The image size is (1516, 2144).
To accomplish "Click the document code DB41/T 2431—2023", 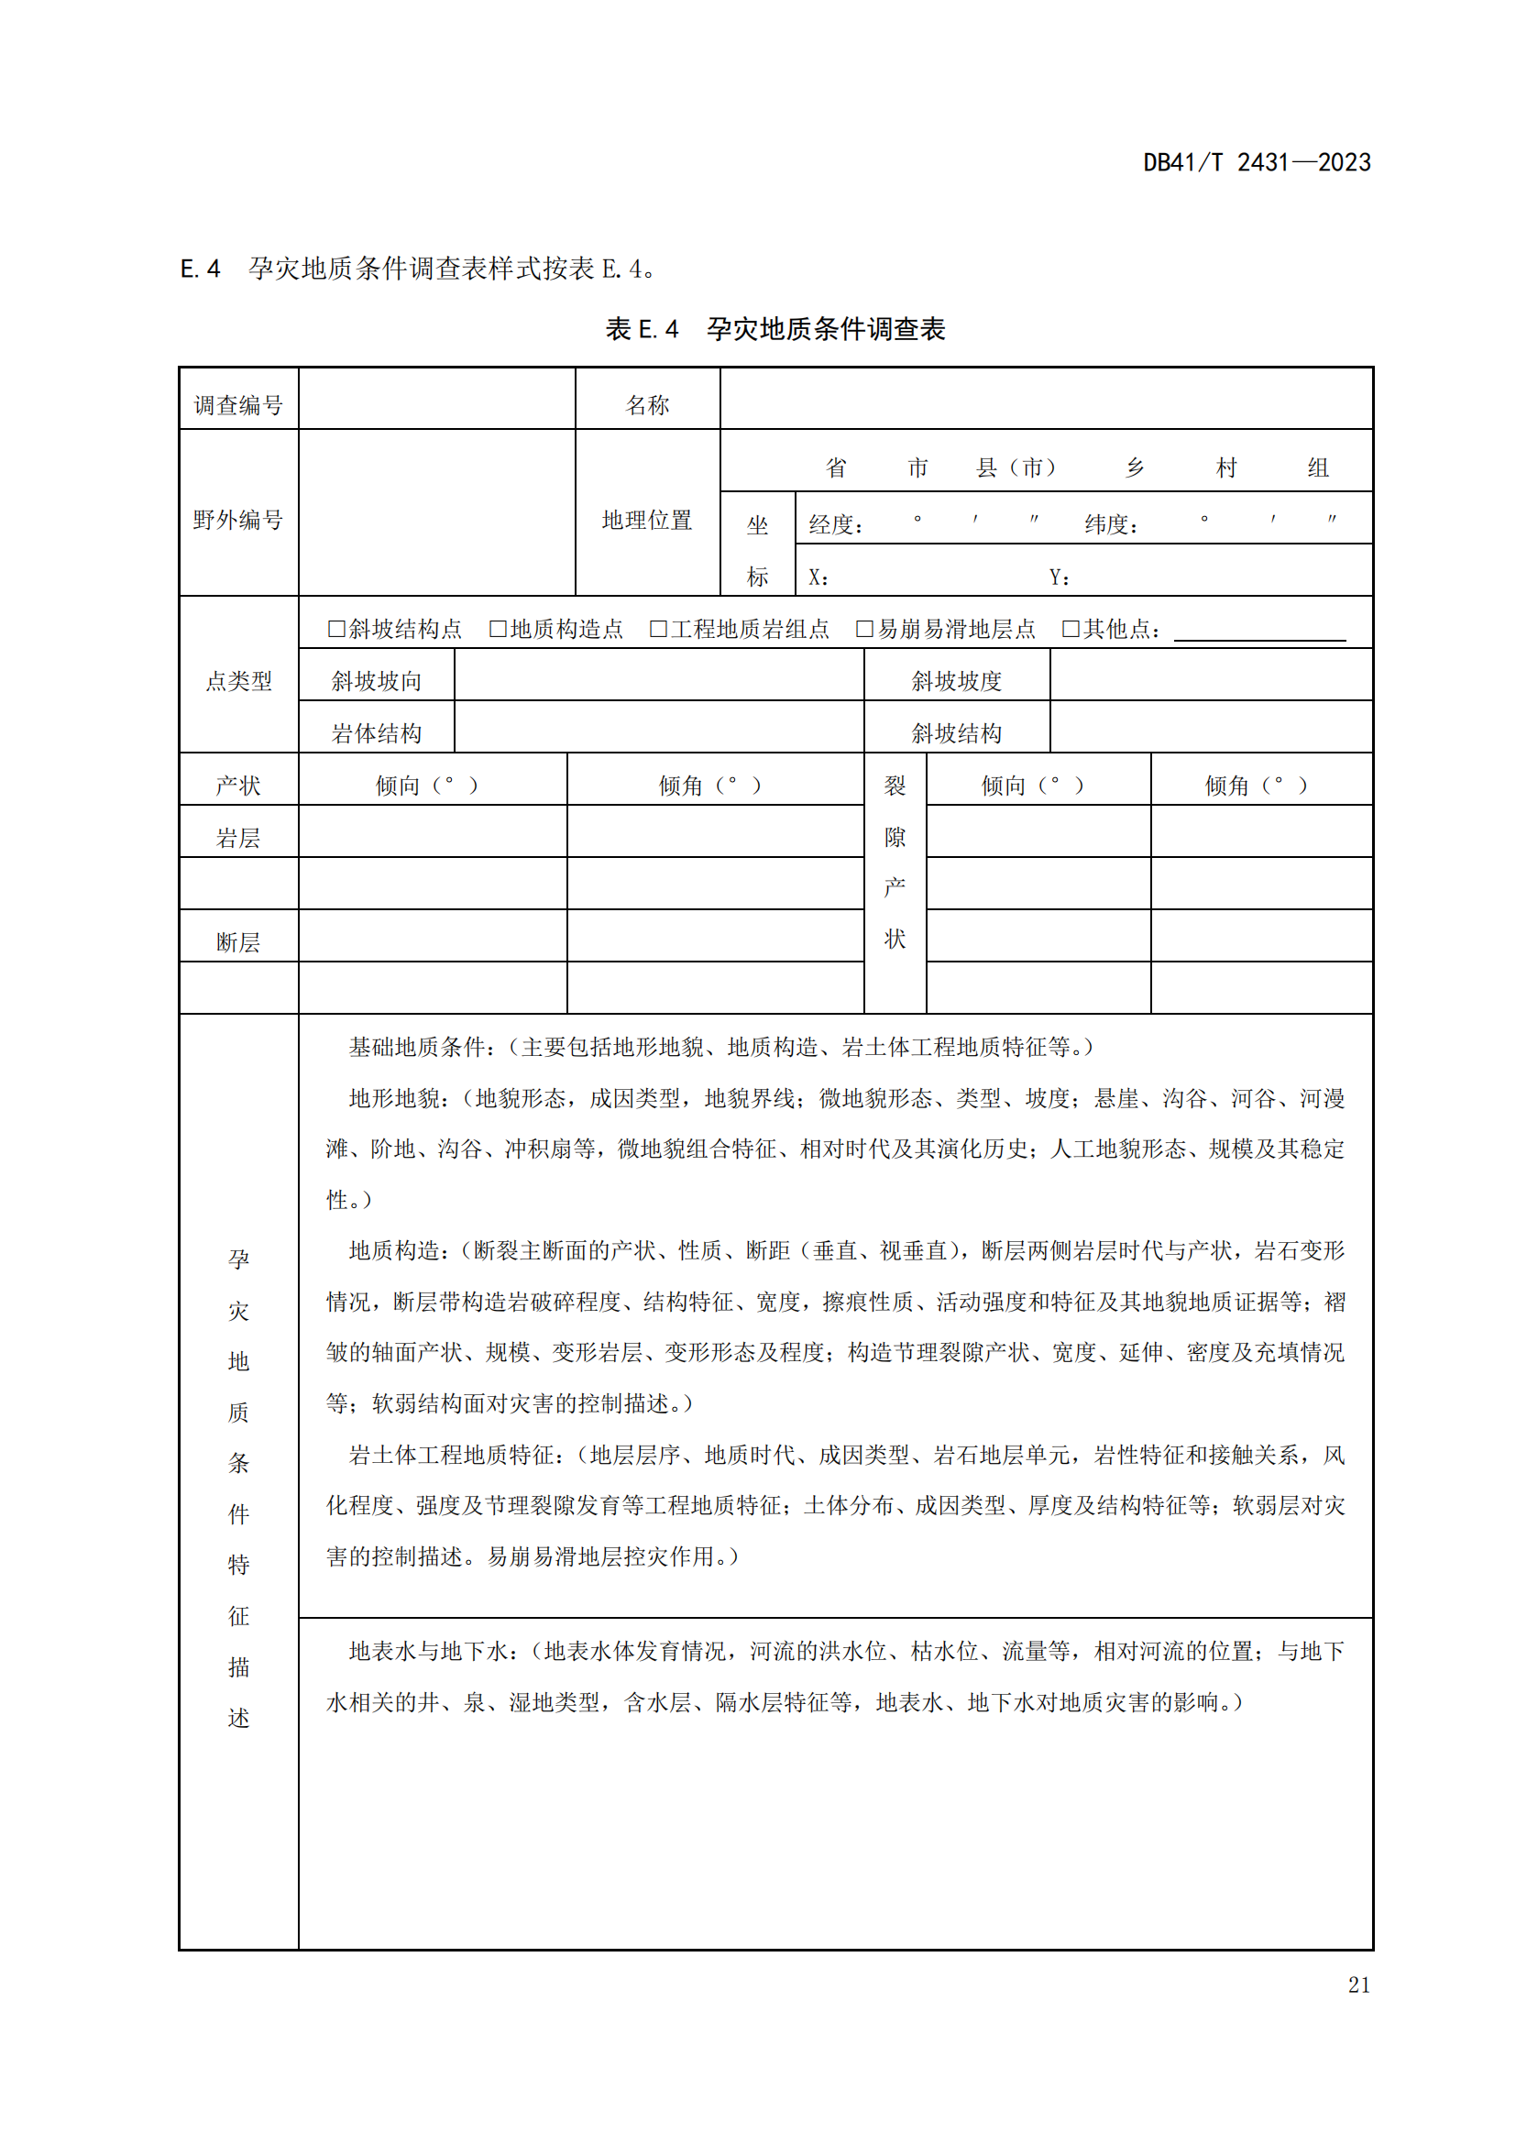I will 1257,162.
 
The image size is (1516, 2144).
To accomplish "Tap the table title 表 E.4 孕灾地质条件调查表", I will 774,329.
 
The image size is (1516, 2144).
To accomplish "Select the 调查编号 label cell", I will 238,404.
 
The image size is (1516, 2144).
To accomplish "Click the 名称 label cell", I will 647,404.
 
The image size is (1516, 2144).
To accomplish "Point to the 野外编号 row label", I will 238,519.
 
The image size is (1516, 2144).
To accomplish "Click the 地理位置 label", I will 647,519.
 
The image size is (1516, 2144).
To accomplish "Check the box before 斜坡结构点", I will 336,629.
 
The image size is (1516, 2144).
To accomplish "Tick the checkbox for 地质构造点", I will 498,629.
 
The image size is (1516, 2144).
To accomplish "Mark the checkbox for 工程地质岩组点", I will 658,629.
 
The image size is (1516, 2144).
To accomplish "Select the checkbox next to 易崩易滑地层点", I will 864,629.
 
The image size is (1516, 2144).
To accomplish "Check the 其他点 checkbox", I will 1071,629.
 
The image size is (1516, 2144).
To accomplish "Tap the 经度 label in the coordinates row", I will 836,524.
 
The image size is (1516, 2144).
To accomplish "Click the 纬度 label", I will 1111,524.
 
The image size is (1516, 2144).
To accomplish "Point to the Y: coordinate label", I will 1059,577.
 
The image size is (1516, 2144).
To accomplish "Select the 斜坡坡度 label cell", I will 957,681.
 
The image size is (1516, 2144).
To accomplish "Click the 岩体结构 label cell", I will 376,733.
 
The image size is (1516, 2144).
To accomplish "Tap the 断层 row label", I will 238,942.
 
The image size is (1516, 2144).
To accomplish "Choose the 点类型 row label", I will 238,681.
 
